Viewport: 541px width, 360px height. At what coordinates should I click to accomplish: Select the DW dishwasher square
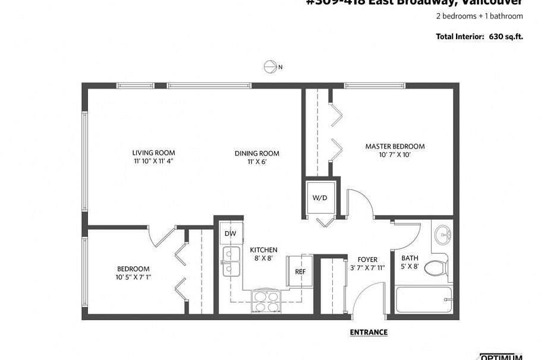click(229, 233)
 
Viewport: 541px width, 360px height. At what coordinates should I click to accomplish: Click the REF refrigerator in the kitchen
click(300, 271)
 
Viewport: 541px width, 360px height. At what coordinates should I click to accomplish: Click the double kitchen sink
click(231, 263)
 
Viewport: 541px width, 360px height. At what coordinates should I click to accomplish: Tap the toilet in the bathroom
click(438, 268)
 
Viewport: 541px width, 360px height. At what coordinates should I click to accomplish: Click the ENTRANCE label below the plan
click(369, 332)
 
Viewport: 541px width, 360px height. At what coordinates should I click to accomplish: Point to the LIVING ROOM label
click(153, 153)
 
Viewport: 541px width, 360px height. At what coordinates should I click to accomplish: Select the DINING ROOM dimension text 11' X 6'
click(256, 162)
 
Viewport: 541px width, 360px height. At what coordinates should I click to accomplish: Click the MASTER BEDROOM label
click(395, 146)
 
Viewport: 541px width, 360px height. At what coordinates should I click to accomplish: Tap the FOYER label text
click(367, 260)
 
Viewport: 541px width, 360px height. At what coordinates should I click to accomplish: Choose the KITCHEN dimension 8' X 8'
click(263, 258)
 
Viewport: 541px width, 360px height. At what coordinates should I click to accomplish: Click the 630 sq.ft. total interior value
click(506, 37)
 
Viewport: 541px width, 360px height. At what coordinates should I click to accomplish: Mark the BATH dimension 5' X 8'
click(410, 266)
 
